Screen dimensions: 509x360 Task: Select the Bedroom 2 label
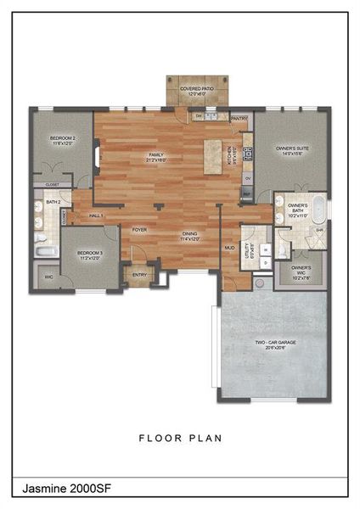coord(62,140)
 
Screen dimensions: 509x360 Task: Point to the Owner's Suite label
coord(292,151)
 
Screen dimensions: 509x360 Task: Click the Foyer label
coord(139,229)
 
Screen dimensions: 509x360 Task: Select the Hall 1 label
coord(96,215)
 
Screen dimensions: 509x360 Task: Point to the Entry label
coord(139,275)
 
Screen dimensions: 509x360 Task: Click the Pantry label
coord(239,118)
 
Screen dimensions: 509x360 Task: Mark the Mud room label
coord(229,248)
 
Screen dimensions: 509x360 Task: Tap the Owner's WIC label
coord(301,271)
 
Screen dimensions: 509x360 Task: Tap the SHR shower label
coord(319,231)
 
